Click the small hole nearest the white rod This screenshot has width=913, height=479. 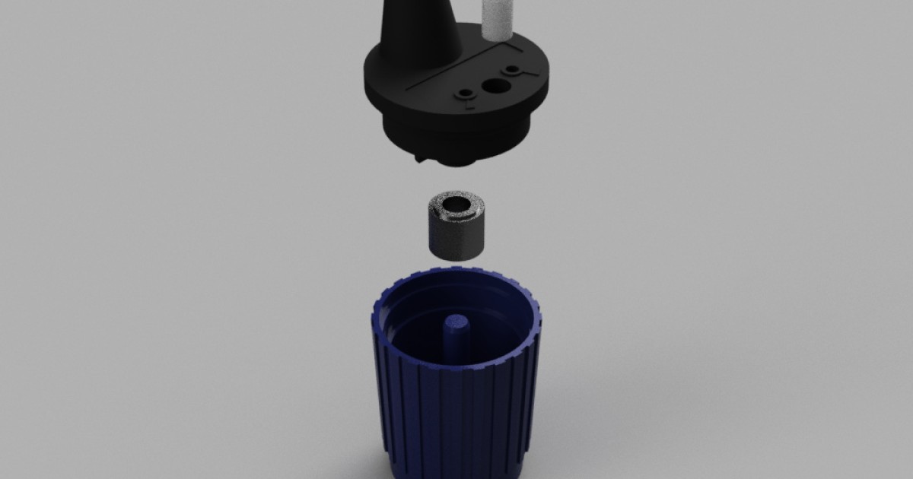click(514, 71)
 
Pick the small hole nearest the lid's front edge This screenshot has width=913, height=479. click(465, 95)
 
